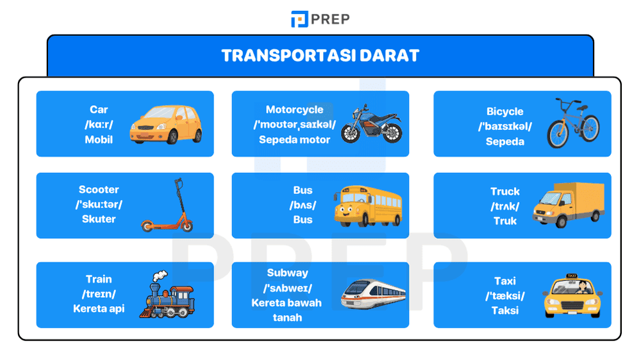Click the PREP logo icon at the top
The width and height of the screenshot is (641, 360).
[299, 19]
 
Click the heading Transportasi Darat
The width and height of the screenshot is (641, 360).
[320, 55]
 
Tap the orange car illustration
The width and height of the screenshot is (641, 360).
[165, 124]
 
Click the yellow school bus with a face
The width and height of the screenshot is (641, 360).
[367, 206]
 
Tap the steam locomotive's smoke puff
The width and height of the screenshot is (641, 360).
[159, 275]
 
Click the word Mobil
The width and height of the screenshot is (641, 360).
[99, 139]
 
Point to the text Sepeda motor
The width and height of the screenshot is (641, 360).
[294, 139]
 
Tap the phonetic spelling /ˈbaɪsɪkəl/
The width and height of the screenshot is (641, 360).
[504, 126]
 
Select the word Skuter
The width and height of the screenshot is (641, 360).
[99, 218]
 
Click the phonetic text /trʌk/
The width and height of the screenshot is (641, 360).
[504, 206]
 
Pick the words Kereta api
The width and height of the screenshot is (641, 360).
[99, 309]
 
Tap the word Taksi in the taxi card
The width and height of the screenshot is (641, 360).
[504, 310]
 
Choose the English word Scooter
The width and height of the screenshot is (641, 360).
[99, 190]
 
